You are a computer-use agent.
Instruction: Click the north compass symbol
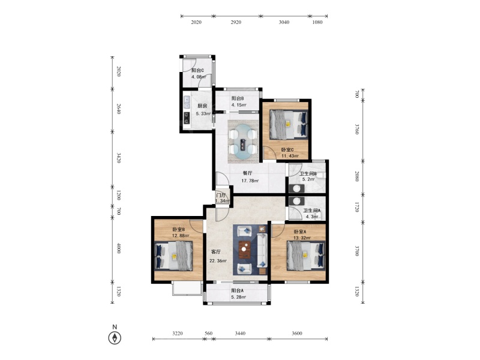point(115,338)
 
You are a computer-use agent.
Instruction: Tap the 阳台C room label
point(198,70)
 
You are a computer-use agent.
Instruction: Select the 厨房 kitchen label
point(202,106)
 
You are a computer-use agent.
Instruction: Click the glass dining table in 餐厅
point(243,142)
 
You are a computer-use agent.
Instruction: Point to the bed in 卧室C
point(289,124)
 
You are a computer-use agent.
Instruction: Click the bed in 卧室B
point(174,256)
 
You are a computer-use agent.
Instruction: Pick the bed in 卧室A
point(306,256)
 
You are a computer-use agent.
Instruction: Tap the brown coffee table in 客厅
point(244,249)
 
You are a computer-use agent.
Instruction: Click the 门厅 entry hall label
point(221,195)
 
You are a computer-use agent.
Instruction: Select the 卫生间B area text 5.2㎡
point(308,179)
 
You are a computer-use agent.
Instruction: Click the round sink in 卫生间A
point(296,201)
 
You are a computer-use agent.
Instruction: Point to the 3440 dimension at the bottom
point(240,333)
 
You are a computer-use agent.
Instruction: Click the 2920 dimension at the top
point(236,22)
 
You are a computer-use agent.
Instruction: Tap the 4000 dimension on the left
point(119,248)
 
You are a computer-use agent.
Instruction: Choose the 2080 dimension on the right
point(357,176)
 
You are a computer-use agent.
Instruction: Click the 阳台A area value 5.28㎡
point(239,297)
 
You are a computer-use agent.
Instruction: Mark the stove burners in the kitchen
point(186,118)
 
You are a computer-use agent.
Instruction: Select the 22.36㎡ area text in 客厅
point(218,261)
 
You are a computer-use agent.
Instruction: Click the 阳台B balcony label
point(238,98)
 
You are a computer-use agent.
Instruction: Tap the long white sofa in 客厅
point(262,250)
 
